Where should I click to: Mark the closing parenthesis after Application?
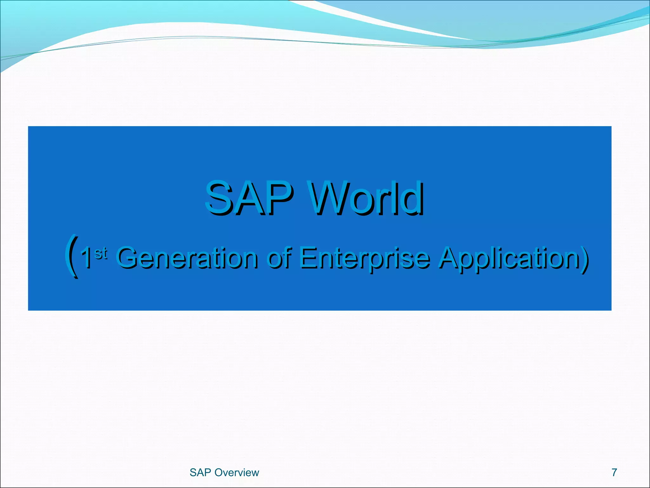pos(585,258)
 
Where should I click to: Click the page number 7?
pos(614,472)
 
